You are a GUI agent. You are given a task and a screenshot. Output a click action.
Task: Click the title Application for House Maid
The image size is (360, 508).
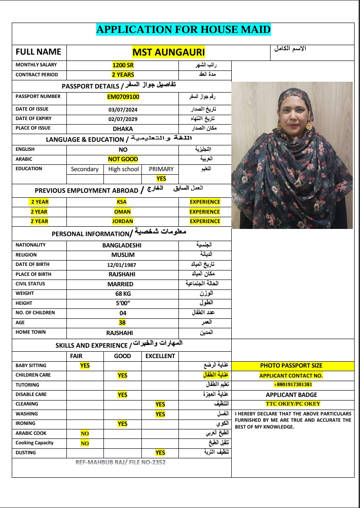(x=183, y=30)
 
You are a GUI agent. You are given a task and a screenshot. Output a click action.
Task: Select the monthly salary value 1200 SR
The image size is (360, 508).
(x=123, y=65)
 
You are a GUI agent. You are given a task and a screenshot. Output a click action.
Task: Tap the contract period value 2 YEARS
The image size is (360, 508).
(x=123, y=75)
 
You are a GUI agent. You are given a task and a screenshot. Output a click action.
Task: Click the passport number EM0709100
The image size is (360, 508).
(x=123, y=97)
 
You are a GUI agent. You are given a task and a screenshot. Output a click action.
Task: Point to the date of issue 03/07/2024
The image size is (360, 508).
(x=123, y=109)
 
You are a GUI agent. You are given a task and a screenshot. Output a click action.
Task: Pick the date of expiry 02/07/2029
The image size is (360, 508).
(x=123, y=119)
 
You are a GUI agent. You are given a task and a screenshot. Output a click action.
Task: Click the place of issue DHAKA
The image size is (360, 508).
(x=123, y=128)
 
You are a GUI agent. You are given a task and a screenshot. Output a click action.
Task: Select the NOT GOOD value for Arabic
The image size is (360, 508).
(x=123, y=159)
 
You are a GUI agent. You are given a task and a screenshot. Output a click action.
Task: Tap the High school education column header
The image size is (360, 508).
(x=123, y=169)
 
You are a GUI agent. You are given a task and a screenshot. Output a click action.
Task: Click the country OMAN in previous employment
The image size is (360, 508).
(x=122, y=211)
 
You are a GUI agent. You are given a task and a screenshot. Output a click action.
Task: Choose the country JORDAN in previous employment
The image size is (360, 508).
(x=122, y=221)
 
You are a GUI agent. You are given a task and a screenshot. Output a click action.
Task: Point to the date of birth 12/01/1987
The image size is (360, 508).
(x=122, y=265)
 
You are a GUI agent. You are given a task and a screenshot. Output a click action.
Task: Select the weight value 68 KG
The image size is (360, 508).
(x=122, y=294)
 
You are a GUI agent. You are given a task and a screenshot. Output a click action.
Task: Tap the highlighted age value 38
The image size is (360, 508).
(x=122, y=322)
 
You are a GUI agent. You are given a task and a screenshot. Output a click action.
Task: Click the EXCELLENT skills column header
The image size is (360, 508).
(x=160, y=356)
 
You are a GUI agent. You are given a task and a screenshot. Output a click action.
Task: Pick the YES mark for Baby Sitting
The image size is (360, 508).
(x=85, y=366)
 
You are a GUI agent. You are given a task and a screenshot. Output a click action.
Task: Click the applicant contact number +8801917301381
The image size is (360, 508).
(x=293, y=384)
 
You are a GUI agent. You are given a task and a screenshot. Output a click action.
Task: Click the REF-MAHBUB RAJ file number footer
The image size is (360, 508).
(x=121, y=462)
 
